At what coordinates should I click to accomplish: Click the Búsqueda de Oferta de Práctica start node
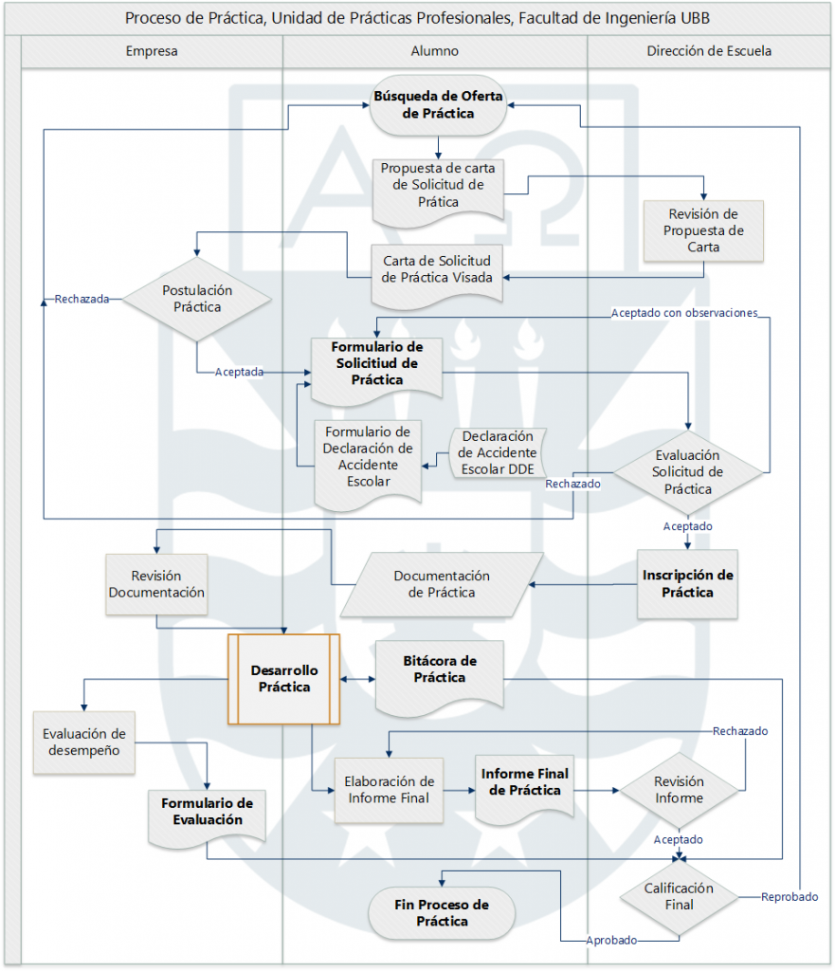(x=437, y=104)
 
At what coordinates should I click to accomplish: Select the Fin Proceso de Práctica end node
(x=442, y=912)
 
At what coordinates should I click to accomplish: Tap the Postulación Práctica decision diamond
(x=197, y=299)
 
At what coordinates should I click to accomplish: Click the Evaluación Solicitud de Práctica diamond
(x=688, y=471)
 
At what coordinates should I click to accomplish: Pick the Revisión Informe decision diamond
(x=679, y=790)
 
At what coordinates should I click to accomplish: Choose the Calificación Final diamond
(x=679, y=896)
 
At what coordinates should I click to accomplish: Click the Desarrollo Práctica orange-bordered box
(x=283, y=678)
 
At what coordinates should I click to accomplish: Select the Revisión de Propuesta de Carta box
(x=703, y=230)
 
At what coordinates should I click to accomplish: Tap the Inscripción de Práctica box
(x=687, y=583)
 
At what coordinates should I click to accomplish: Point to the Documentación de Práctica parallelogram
(x=441, y=583)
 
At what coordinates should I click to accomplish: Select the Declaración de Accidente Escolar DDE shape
(x=497, y=452)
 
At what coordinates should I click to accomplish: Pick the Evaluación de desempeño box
(x=83, y=742)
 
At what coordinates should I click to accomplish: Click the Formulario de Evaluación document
(x=207, y=813)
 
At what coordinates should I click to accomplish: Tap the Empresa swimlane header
(x=152, y=51)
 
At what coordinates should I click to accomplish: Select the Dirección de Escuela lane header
(x=709, y=51)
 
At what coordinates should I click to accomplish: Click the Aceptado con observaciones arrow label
(x=684, y=312)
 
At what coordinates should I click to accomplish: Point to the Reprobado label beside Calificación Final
(x=790, y=896)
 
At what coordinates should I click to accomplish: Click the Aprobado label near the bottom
(x=611, y=940)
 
